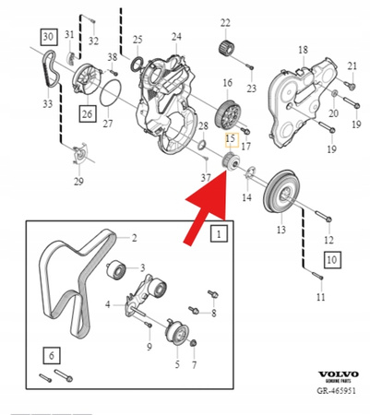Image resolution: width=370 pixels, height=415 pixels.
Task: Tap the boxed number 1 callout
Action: click(220, 235)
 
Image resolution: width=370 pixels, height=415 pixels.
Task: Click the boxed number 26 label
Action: click(87, 114)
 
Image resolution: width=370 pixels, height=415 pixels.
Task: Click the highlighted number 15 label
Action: click(232, 137)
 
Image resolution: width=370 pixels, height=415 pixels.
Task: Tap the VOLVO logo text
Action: click(338, 376)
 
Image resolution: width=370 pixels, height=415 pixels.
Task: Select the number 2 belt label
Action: click(134, 238)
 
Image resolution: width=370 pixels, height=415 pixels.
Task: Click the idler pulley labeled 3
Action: click(116, 270)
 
